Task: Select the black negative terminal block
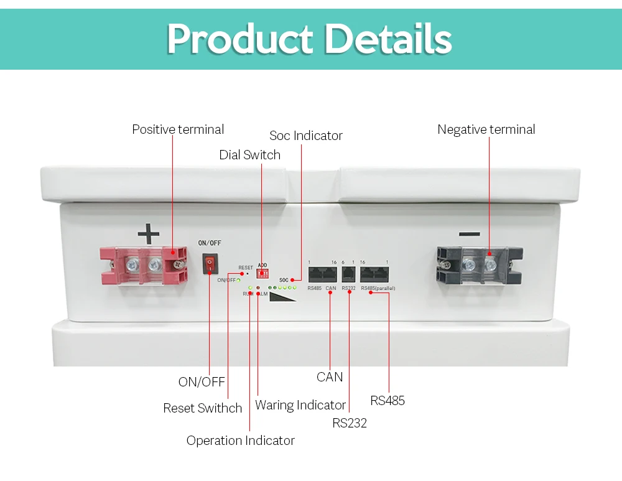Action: [x=479, y=264]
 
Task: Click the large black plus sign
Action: [x=149, y=235]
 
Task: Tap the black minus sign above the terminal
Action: [x=470, y=235]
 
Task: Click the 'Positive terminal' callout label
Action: [x=178, y=129]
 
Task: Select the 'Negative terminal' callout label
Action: [x=486, y=129]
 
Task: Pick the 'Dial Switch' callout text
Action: [x=249, y=155]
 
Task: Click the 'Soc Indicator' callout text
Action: [x=306, y=136]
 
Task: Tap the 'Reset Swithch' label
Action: [x=202, y=408]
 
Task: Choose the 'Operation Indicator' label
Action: [x=240, y=441]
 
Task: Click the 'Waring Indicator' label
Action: [x=300, y=405]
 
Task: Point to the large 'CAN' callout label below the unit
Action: [x=330, y=377]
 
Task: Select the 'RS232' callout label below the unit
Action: [x=350, y=423]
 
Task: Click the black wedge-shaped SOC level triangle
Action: [x=284, y=297]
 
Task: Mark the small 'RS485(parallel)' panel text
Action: [x=378, y=288]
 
